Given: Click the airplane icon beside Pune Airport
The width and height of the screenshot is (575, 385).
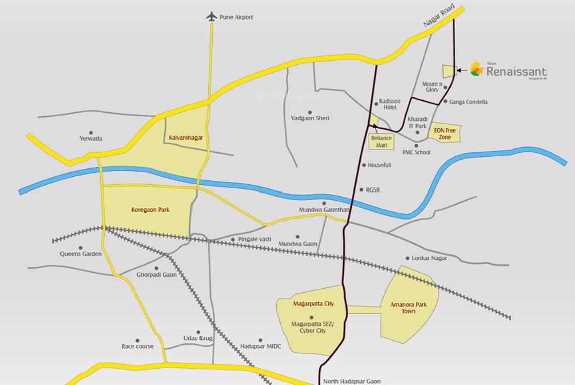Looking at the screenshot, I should coord(211,17).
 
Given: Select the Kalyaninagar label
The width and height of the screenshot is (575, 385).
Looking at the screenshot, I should coord(186,137).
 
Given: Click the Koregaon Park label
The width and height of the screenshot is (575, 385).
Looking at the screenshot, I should coord(150,210).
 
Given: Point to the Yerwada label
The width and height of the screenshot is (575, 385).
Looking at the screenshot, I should coord(91,138).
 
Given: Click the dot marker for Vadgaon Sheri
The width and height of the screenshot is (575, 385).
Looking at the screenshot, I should coord(310,112).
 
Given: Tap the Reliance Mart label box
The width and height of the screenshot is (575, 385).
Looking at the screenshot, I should coord(381,142).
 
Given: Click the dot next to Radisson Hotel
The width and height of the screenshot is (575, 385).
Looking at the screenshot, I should coord(376,104).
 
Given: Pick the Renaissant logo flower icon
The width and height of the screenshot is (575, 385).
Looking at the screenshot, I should coord(477,70).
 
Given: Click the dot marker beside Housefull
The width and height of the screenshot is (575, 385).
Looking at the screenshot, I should coord(364,165).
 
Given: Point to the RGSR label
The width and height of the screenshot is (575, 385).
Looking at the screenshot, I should coord(373,190).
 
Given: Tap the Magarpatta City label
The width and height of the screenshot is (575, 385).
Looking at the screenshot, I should coord(313,304).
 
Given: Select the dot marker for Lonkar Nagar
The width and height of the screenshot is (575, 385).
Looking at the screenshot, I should coord(407,258).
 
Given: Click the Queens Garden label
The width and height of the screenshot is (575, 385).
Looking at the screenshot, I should coord(81,254).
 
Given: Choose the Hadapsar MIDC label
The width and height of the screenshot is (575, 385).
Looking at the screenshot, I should coord(261,346).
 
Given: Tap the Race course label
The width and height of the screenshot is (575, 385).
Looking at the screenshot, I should coord(138,346).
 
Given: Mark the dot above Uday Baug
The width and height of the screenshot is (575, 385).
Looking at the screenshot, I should coord(198,332).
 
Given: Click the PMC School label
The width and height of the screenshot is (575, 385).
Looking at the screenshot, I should coord(416,152).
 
